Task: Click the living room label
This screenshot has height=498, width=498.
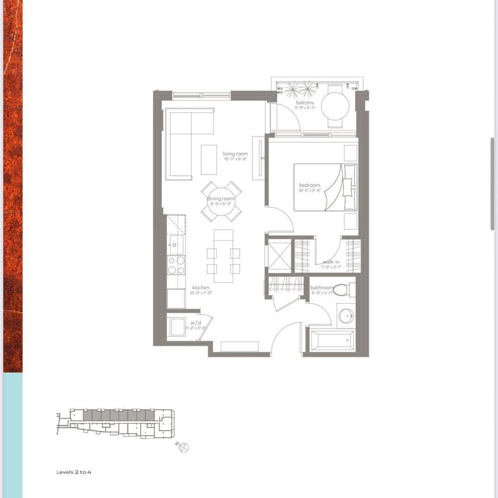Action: coord(235,154)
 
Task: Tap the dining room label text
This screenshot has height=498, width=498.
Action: coord(222,199)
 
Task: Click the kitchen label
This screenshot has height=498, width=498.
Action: coord(201,288)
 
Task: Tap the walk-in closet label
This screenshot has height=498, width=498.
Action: coord(331,262)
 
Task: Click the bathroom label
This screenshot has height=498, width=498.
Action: coord(322,288)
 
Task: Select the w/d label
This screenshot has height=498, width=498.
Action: coord(196,323)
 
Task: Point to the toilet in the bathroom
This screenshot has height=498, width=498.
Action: coord(344,289)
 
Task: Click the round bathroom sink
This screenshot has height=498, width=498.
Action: coord(347,316)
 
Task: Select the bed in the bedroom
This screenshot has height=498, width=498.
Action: coord(325,187)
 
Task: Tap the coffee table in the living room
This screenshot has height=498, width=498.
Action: coord(209,159)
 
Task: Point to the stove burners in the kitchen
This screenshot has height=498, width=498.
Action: coord(176,265)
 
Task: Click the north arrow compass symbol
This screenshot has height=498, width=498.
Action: coord(184,447)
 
